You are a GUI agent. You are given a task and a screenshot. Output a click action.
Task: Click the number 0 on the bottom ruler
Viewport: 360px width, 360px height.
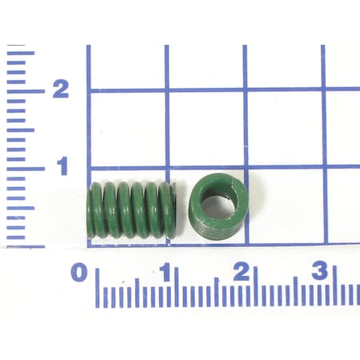click(78, 272)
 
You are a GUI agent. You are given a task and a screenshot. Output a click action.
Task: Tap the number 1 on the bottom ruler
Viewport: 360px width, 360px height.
click(165, 272)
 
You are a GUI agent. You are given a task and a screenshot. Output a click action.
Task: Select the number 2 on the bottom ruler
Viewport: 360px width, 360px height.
click(240, 272)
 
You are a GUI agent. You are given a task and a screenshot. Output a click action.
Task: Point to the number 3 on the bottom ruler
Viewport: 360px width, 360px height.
click(319, 272)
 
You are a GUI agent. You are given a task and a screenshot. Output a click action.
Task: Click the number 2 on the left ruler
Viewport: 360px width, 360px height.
click(60, 90)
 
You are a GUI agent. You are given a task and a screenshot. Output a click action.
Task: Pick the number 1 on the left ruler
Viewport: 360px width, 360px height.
click(60, 167)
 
